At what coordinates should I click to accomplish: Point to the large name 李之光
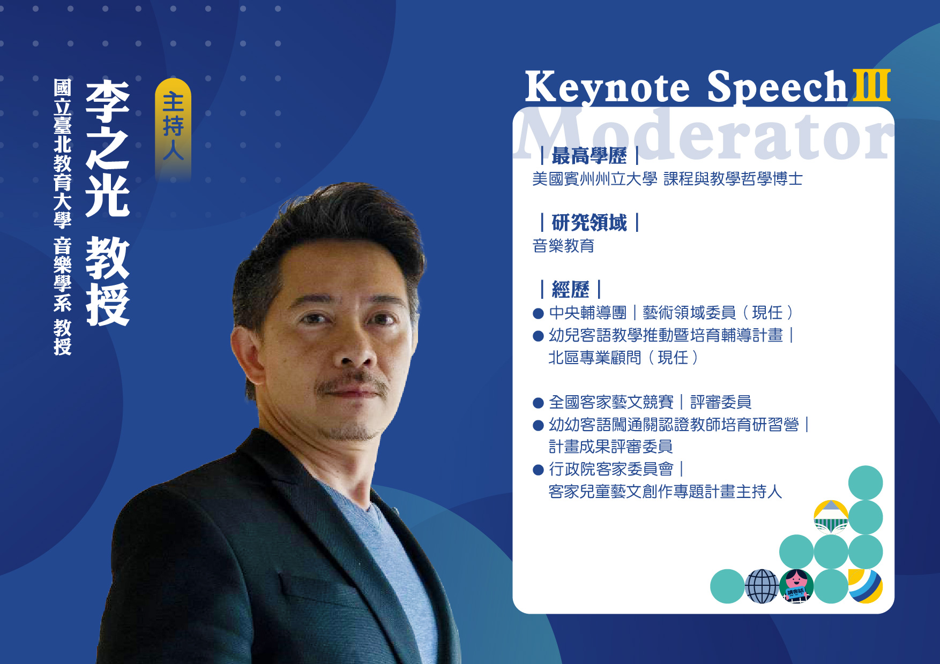108,148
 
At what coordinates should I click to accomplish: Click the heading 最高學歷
589,156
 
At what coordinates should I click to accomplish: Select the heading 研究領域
589,222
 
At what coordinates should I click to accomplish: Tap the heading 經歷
570,290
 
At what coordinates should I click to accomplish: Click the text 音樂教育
563,246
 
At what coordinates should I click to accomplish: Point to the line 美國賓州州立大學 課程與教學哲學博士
667,179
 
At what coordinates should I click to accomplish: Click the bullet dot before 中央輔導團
539,313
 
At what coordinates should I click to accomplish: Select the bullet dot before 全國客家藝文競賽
539,403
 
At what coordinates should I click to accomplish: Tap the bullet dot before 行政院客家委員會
539,470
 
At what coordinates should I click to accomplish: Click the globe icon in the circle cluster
762,586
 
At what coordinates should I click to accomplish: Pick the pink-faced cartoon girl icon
796,586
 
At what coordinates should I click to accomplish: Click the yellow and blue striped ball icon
866,586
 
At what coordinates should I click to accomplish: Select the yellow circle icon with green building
831,517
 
